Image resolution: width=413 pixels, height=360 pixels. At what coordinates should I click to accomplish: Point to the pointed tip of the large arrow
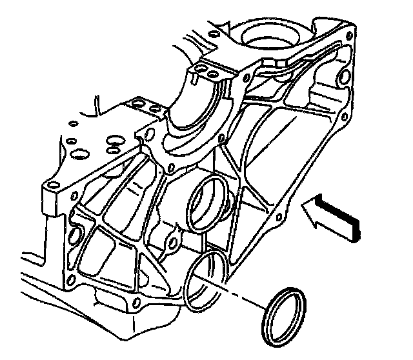coord(303,205)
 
